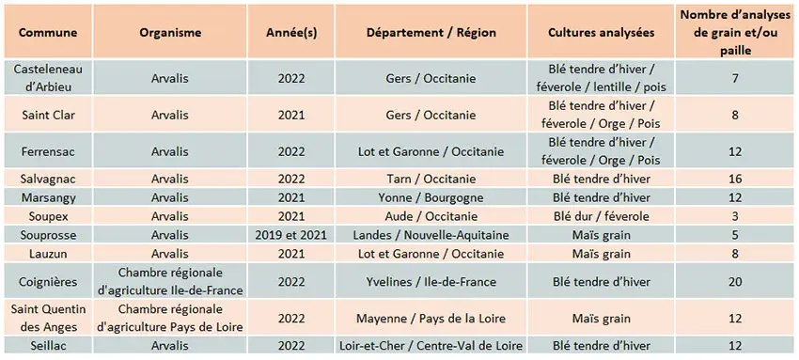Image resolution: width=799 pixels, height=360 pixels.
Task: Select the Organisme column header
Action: click(x=170, y=31)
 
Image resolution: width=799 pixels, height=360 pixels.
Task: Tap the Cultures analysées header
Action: click(x=602, y=31)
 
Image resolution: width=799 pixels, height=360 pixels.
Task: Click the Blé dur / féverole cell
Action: click(x=602, y=216)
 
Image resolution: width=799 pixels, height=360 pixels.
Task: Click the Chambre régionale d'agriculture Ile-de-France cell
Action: click(x=170, y=281)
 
